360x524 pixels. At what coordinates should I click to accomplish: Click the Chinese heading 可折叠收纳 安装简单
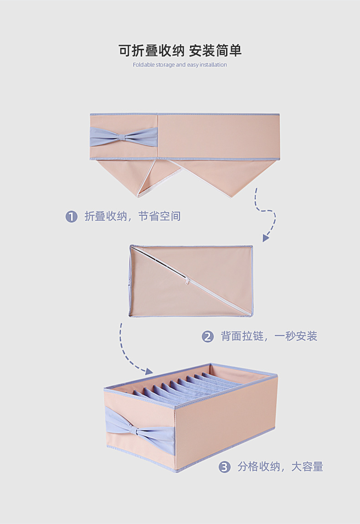point(180,50)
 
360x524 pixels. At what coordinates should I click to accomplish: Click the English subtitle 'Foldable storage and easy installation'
point(180,65)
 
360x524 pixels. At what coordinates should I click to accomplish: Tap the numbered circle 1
point(72,216)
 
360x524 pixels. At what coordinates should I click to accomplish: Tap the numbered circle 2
point(207,337)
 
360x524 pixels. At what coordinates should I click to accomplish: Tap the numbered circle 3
point(224,467)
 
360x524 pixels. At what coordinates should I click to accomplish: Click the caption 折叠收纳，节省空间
point(133,216)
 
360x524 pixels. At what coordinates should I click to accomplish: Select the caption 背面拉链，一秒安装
point(269,337)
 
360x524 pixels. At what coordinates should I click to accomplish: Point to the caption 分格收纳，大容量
point(280,467)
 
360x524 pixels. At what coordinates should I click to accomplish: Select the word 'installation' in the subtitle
point(213,65)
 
